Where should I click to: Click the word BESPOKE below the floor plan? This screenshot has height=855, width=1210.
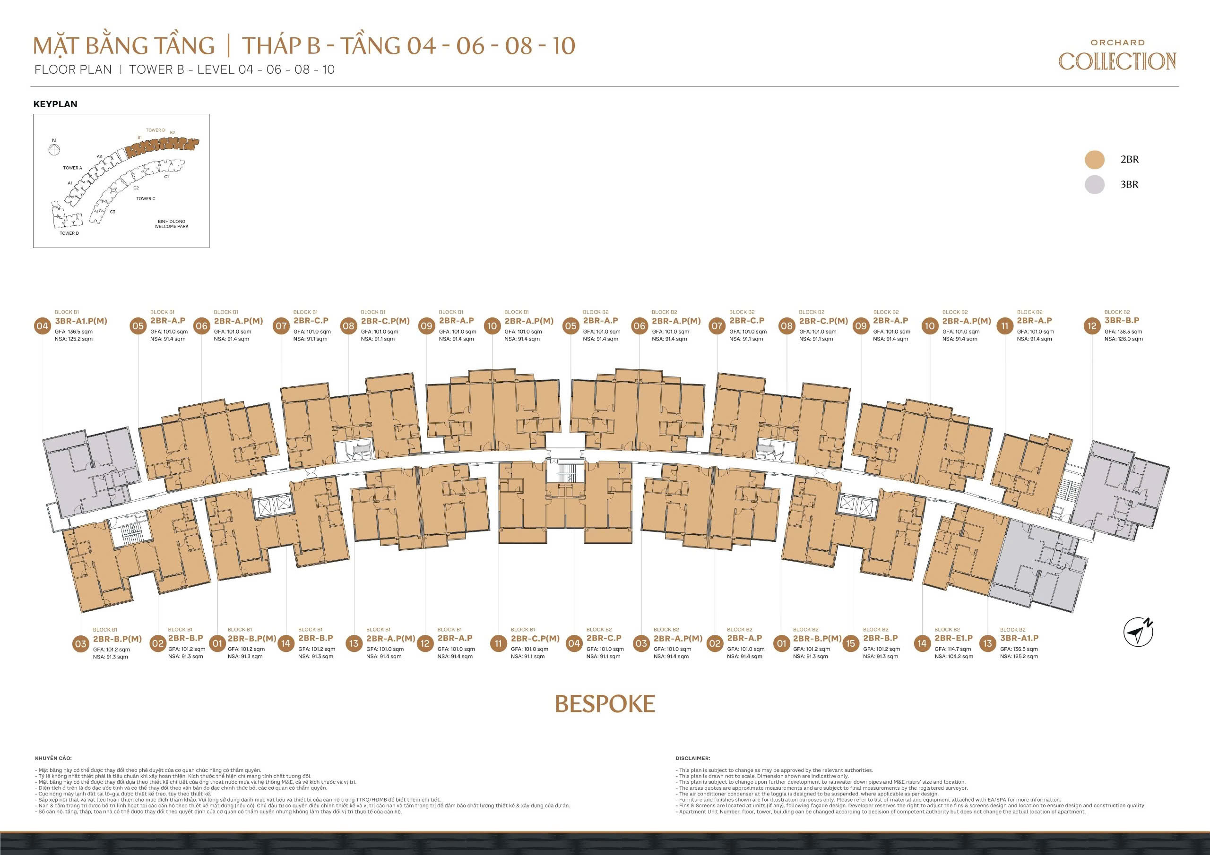[605, 704]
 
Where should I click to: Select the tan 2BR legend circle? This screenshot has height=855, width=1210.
[1095, 160]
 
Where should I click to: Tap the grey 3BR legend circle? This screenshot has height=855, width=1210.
[1095, 184]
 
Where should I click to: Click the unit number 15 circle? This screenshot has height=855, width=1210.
[849, 643]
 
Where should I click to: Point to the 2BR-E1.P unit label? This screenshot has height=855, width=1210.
[953, 638]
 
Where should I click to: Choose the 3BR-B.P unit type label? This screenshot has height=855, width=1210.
[1122, 320]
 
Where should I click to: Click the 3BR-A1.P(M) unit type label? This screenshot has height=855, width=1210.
[81, 321]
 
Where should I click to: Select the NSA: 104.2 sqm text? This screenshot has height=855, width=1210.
[954, 657]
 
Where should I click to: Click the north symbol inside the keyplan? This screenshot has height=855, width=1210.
[54, 149]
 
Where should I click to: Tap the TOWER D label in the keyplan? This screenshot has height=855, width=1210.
[69, 233]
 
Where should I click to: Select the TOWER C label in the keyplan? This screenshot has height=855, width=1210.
[146, 198]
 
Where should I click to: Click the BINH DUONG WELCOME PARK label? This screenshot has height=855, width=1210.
[171, 224]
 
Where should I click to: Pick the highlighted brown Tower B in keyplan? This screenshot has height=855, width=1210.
[164, 147]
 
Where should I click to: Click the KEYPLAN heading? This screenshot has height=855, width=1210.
[55, 104]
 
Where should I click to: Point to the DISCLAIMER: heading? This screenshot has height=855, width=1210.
[692, 759]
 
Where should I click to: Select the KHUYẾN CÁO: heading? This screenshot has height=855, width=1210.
[53, 759]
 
